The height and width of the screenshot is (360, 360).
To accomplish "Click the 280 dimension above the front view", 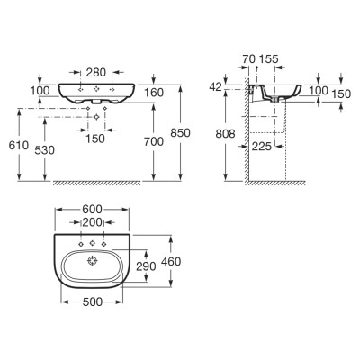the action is click(x=96, y=72).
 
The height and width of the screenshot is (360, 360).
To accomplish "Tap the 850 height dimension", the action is click(x=180, y=132).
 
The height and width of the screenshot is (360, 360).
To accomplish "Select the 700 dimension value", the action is click(x=154, y=141).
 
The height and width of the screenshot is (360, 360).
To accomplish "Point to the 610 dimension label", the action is click(x=19, y=146).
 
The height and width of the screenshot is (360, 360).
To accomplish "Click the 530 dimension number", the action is click(x=45, y=150).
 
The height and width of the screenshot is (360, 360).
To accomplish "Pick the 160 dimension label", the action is click(x=154, y=93).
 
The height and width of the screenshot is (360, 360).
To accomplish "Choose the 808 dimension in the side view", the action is click(x=226, y=134).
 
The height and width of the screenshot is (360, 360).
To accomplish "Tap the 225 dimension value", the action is click(x=262, y=147).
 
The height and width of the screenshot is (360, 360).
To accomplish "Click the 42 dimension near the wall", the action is click(x=216, y=87).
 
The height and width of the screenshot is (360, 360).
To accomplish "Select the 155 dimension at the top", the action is click(x=268, y=59).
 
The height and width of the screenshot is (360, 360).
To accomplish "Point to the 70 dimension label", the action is click(x=249, y=59).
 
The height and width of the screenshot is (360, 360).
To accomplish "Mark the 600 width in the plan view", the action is click(x=92, y=209).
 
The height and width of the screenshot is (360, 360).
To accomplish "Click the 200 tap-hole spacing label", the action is click(x=93, y=222).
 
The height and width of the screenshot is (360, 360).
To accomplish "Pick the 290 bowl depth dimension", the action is click(x=146, y=266).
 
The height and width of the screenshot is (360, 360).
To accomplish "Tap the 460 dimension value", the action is click(x=171, y=262).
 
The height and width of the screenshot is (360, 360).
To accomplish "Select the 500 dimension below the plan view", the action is click(x=92, y=301).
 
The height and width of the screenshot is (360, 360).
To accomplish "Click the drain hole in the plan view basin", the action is click(x=93, y=261).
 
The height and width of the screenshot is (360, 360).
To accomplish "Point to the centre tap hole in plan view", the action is click(x=93, y=243).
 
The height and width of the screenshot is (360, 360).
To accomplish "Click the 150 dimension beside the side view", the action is click(x=341, y=94).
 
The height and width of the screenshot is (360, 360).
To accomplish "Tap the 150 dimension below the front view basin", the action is click(x=95, y=139).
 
